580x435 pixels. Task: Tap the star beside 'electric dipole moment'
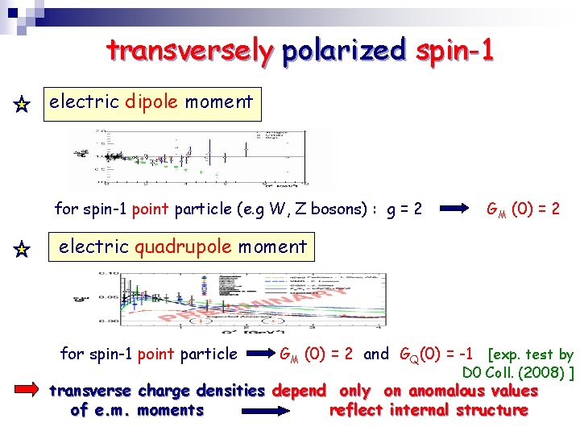click(x=22, y=105)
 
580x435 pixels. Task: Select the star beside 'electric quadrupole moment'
click(x=22, y=250)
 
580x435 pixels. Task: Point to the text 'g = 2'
click(x=404, y=209)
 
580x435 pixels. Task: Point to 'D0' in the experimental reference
click(x=472, y=373)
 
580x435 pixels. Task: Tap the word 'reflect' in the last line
click(x=354, y=410)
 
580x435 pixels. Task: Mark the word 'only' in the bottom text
click(x=354, y=391)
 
